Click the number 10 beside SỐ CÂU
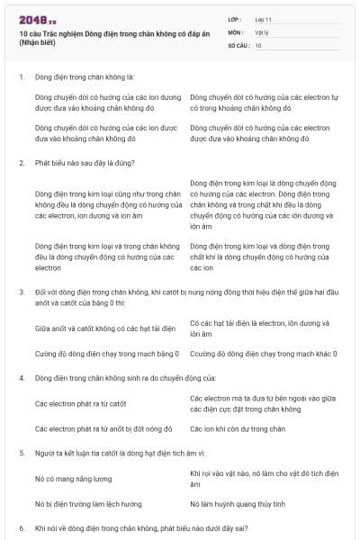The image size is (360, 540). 258,44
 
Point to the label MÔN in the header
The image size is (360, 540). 236,31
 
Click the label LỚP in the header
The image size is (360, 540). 235,19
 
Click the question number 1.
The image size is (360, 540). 21,78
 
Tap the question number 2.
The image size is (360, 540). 21,162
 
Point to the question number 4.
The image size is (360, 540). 21,378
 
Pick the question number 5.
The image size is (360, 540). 21,453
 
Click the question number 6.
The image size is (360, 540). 21,527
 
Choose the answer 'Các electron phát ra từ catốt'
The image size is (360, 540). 80,403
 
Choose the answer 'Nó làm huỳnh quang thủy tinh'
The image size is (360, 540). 238,504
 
